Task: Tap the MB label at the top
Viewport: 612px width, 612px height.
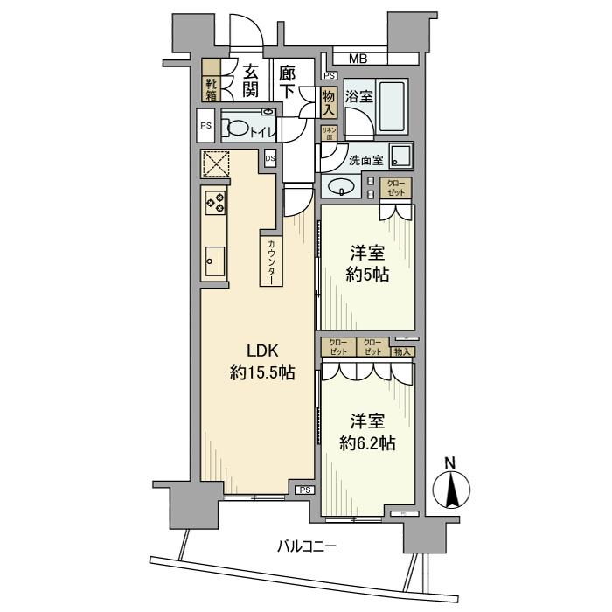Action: point(358,59)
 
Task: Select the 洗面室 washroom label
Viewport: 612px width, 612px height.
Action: point(365,161)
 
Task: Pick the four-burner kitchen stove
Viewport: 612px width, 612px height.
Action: point(215,204)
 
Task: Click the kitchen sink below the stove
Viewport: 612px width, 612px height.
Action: point(213,259)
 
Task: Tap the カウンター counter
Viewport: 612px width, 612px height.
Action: point(271,260)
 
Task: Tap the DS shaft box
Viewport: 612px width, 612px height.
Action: point(269,158)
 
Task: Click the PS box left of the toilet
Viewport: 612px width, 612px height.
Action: point(206,126)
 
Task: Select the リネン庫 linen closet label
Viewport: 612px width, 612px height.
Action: point(330,133)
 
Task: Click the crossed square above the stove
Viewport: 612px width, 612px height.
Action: point(215,163)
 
